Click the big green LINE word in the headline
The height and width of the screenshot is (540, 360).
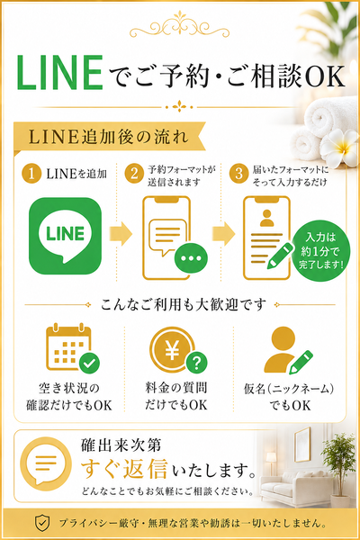point(60,73)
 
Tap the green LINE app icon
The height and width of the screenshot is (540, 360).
point(65,236)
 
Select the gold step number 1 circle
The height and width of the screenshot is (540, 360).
point(31,174)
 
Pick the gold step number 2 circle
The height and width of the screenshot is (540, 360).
point(134,174)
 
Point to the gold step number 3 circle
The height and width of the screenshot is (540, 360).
point(238,174)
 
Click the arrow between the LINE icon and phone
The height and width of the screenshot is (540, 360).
point(121,234)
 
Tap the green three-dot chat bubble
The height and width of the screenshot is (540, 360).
point(191,258)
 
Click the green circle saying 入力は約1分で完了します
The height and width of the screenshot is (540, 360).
point(320,251)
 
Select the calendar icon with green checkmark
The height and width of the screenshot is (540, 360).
point(73,347)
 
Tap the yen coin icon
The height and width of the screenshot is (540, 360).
point(171,349)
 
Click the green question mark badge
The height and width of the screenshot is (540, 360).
point(197,363)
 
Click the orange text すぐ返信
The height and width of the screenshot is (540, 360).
point(124,469)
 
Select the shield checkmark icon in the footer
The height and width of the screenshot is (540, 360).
point(42,523)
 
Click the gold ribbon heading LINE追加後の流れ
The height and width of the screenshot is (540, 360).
point(110,138)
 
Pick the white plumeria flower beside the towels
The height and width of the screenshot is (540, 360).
point(339,147)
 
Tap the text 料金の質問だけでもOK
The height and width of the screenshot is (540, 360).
point(176,396)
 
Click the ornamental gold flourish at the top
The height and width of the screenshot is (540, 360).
point(179,25)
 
